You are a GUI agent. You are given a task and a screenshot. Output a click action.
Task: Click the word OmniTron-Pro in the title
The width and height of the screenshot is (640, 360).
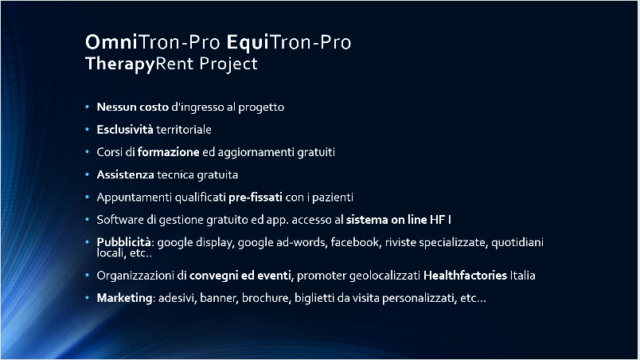(153, 42)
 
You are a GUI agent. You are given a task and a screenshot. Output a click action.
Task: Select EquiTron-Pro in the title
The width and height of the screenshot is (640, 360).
(289, 42)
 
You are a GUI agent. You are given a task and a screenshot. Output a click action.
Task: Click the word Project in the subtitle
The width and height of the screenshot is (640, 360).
(228, 64)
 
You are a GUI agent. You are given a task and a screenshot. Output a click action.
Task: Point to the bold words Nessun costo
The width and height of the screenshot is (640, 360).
(133, 107)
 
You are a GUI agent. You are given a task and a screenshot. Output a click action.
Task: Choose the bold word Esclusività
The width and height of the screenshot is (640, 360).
(125, 129)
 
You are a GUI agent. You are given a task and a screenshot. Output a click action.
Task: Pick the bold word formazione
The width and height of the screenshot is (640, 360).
(168, 152)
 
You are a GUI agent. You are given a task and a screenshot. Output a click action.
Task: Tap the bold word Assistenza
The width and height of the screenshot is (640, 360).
(125, 174)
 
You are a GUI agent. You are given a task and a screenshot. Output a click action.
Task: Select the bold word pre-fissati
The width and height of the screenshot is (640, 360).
(256, 198)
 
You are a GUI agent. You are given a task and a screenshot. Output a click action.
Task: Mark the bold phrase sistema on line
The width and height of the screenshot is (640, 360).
(386, 220)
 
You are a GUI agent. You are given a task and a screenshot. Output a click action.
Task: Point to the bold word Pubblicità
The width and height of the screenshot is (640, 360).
(123, 242)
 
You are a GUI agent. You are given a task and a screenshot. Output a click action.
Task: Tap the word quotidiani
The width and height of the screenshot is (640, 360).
(517, 243)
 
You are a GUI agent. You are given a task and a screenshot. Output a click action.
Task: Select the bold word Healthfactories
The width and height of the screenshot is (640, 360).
(465, 275)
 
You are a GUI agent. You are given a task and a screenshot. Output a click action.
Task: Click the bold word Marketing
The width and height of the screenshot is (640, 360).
(124, 299)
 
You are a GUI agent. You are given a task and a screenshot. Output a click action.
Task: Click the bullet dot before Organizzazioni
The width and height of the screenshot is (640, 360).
(87, 275)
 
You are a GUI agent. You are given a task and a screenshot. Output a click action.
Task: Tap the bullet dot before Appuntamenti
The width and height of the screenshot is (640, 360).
(87, 198)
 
